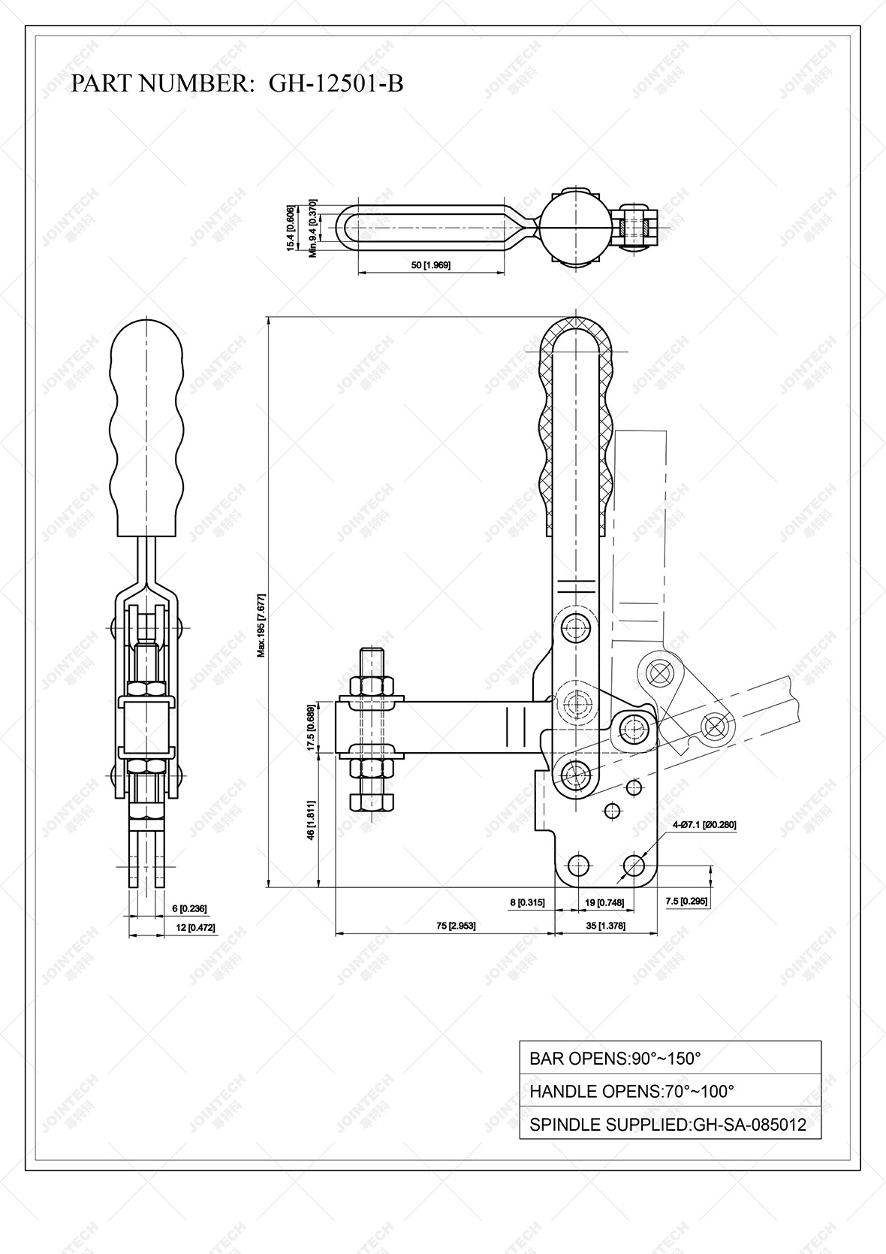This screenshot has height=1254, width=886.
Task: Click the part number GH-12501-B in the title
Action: [x=336, y=83]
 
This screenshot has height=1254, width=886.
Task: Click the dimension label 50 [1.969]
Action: [x=431, y=265]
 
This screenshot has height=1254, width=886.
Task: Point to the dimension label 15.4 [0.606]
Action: [x=290, y=228]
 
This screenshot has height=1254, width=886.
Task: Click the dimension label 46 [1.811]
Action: [x=311, y=822]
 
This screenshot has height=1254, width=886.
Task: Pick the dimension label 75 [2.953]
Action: [x=455, y=926]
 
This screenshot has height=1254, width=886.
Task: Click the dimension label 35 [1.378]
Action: [x=605, y=926]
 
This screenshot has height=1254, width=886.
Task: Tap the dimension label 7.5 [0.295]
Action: [x=686, y=901]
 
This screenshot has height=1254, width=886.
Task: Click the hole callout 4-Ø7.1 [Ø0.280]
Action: [x=704, y=824]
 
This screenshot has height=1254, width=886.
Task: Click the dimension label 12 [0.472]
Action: [x=195, y=928]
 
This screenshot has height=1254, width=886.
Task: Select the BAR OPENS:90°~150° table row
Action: [x=670, y=1058]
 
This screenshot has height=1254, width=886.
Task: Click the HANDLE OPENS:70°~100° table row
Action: [x=670, y=1091]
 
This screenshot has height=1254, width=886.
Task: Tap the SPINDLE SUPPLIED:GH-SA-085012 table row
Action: [x=670, y=1125]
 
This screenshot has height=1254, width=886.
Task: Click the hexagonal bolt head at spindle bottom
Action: [x=372, y=802]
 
